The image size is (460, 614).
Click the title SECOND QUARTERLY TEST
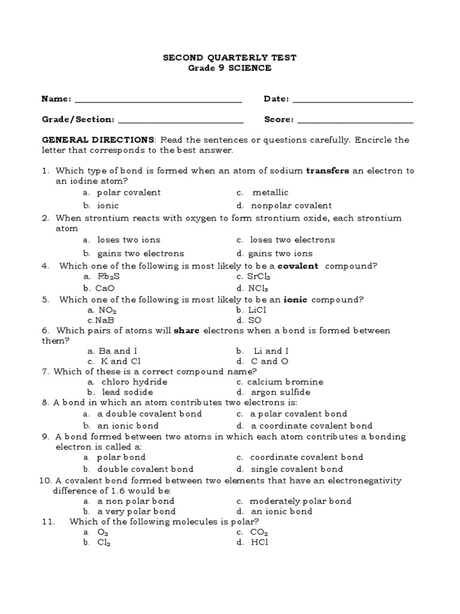coord(230,58)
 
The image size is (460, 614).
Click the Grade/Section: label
coord(78,119)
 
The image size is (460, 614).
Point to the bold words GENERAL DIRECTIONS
coord(98,140)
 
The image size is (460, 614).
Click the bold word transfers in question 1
coord(328,171)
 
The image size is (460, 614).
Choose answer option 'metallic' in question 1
coord(270,192)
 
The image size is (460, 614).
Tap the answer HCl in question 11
coord(260,542)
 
